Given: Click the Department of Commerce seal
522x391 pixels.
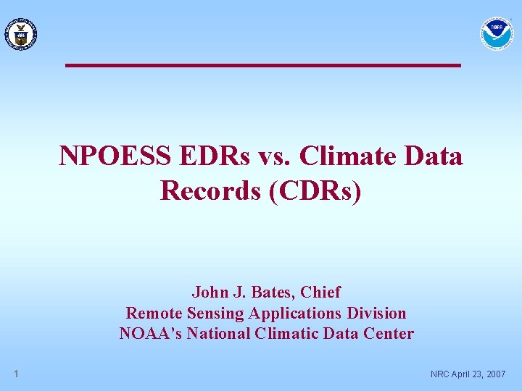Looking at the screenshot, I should pos(20,33).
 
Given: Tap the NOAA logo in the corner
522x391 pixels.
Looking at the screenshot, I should pos(497,33).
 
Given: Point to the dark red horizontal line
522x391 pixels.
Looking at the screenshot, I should pos(262,65).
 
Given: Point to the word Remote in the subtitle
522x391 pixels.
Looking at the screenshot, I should pos(154,313).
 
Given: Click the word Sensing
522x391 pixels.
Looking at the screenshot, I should pos(215,313).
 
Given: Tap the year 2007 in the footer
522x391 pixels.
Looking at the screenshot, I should pos(494,374).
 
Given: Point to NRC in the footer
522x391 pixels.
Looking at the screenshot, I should pos(440,374).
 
